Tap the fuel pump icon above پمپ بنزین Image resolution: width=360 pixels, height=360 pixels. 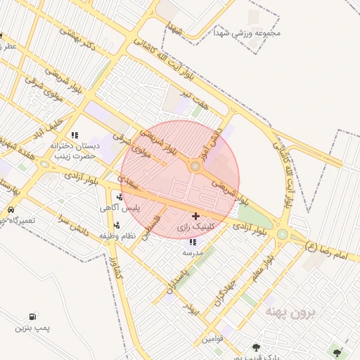[x=32, y=318]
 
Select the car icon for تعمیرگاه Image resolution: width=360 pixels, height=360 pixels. [x=11, y=210]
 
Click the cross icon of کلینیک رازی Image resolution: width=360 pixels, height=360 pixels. [x=195, y=215]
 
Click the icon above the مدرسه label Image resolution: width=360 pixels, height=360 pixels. [x=193, y=242]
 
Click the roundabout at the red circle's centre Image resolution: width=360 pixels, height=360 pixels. [x=195, y=167]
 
